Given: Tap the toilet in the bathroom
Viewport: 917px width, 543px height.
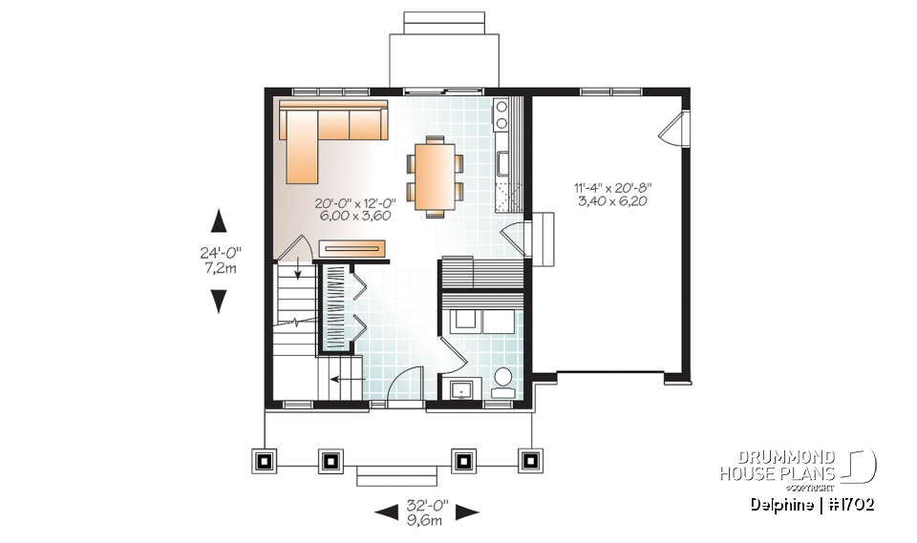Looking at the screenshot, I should click(x=502, y=382).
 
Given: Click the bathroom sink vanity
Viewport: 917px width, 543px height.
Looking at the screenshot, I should click(x=463, y=389).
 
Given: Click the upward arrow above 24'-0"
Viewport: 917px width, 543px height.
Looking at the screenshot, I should click(x=219, y=221).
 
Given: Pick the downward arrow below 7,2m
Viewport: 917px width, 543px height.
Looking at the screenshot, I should click(x=219, y=302).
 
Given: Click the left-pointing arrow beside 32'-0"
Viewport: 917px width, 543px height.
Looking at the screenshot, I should click(x=386, y=513).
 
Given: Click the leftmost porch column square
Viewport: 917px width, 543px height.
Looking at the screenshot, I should click(x=265, y=460).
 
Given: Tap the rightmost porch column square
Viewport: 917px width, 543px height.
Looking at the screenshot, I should click(x=528, y=460).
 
